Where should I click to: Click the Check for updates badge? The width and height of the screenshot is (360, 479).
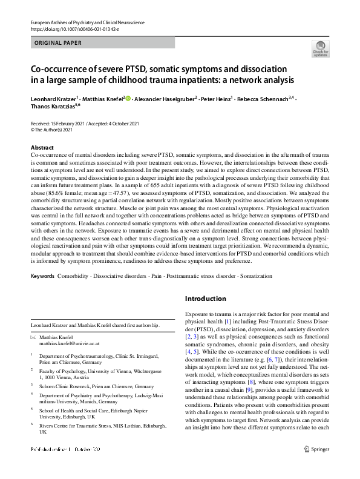click(319, 48)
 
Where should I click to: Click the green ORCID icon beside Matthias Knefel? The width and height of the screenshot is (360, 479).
click(127, 97)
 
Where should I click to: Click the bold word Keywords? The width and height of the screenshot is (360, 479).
click(42, 276)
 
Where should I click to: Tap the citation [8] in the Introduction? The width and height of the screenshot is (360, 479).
click(237, 383)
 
